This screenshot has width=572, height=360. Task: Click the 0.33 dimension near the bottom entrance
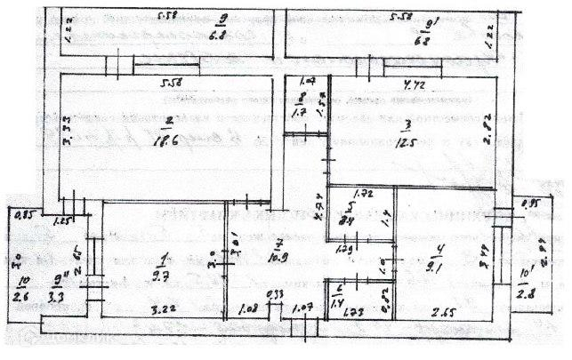(276, 296)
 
